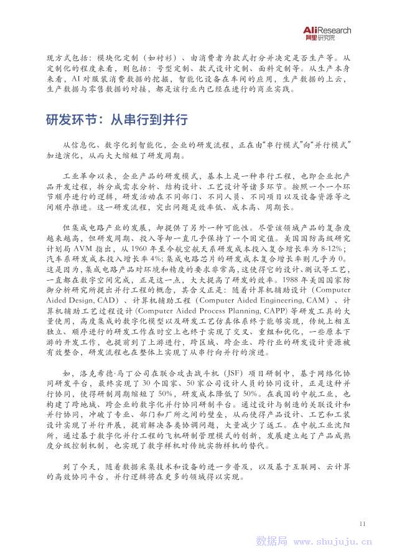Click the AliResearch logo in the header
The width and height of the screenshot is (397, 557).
(328, 33)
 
